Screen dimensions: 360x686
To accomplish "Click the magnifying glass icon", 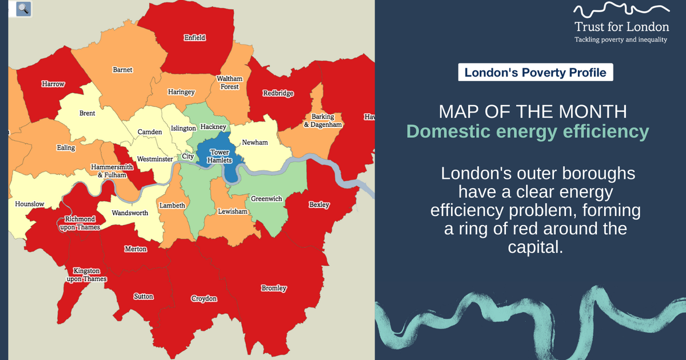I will click(x=23, y=9).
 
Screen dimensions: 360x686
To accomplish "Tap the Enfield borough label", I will click(x=194, y=38).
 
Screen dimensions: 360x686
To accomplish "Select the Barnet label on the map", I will click(x=122, y=70).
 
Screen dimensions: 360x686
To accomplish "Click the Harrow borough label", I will click(x=53, y=84).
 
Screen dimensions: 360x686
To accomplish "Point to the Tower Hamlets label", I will click(x=220, y=157).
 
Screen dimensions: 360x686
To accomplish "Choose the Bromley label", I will click(x=274, y=288).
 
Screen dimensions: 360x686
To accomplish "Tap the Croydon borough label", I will click(x=204, y=299).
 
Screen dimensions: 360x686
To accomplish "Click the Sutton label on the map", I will click(x=143, y=297).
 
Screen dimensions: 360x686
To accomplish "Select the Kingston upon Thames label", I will click(x=86, y=275).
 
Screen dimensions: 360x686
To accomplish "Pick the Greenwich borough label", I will click(x=266, y=199).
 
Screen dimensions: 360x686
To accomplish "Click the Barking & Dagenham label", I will click(x=322, y=121).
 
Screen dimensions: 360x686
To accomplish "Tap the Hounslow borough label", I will click(x=29, y=203).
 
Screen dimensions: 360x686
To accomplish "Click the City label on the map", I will click(x=188, y=157).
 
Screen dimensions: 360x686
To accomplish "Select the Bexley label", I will click(x=319, y=205).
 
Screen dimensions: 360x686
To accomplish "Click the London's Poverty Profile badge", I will click(x=536, y=73).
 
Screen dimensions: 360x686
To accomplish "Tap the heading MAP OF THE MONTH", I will click(x=529, y=111).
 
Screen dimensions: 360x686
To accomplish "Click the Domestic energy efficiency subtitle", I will click(x=528, y=131).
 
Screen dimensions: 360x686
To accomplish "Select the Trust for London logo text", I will click(x=621, y=27).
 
